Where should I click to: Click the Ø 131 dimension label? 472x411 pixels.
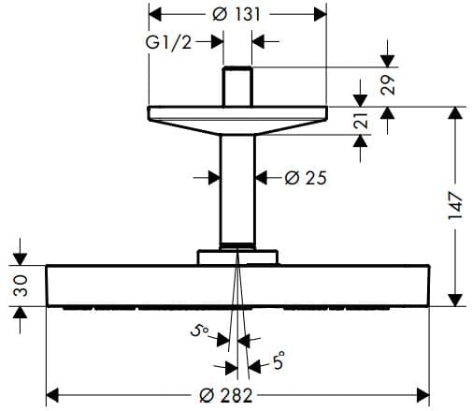coord(238,15)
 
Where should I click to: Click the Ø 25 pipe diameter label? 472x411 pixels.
coord(305,177)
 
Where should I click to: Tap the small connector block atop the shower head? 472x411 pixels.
coord(237,257)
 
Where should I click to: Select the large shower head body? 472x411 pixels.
coord(237,286)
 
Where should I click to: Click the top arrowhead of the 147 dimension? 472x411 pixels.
coord(455,114)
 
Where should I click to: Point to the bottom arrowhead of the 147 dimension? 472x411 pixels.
coord(455,298)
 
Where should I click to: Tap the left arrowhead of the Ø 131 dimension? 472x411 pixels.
coord(157,15)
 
